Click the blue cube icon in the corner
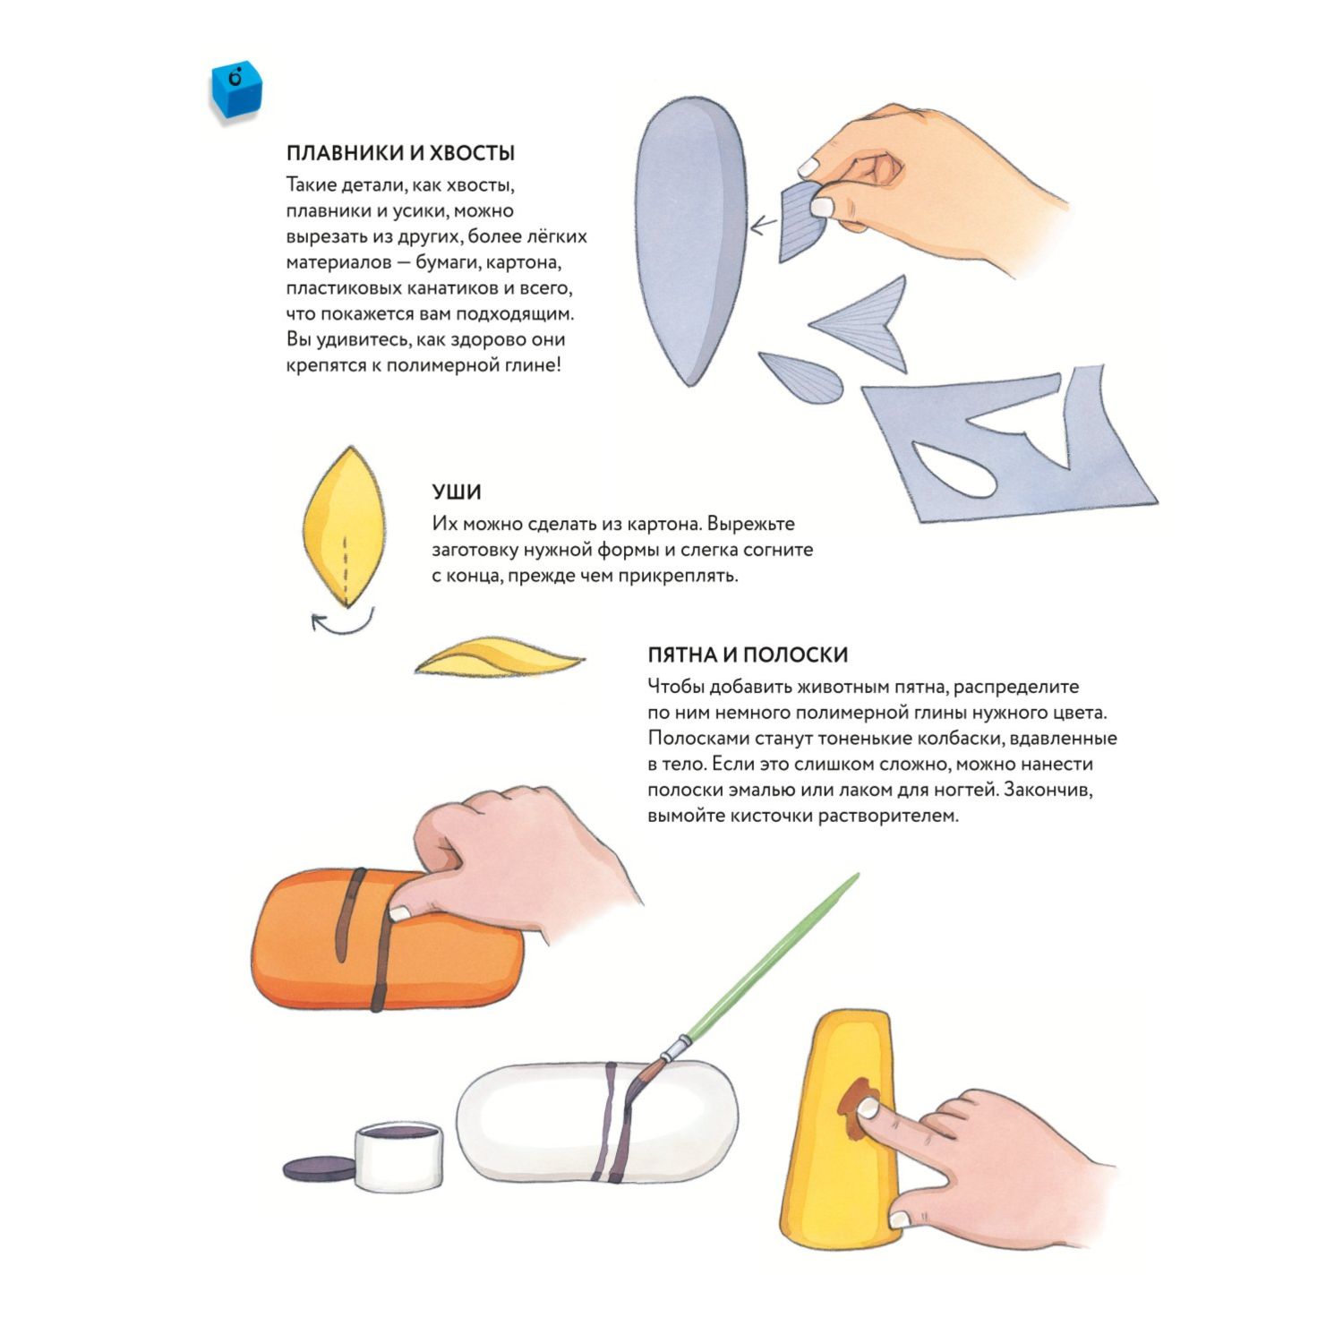[x=235, y=90]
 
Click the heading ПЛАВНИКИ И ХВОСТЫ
[x=400, y=153]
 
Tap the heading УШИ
[x=457, y=492]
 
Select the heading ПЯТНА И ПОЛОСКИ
[x=748, y=654]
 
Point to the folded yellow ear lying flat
[x=498, y=659]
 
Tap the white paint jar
[x=398, y=1155]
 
